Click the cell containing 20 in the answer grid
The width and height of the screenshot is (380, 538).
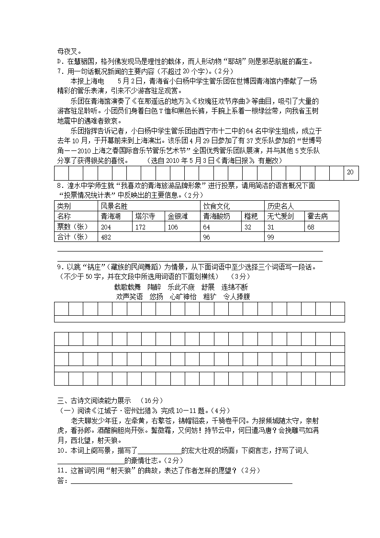tap(350, 172)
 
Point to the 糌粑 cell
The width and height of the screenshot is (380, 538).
tap(251, 217)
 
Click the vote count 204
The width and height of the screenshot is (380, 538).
tap(106, 227)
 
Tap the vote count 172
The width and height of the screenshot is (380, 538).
tap(140, 227)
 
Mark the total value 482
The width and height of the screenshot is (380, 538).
tap(106, 237)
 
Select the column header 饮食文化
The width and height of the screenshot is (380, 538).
tap(216, 206)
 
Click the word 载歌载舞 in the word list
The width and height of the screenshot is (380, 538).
tap(127, 287)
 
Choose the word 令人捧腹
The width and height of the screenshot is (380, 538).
tap(236, 297)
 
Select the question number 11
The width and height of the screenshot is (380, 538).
tap(61, 470)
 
